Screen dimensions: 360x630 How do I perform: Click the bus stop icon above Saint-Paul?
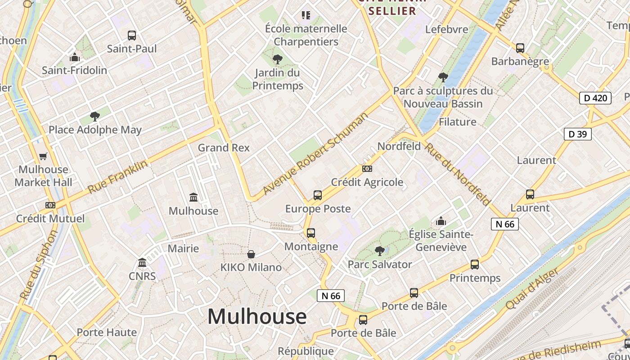pyautogui.click(x=132, y=36)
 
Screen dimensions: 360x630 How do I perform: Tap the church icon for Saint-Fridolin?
pyautogui.click(x=75, y=58)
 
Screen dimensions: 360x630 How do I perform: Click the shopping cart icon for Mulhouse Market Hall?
pyautogui.click(x=43, y=157)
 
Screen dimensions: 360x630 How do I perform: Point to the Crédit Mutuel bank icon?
pyautogui.click(x=50, y=205)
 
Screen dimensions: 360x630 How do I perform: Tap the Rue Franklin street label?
pyautogui.click(x=117, y=177)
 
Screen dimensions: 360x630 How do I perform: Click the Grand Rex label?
pyautogui.click(x=224, y=148)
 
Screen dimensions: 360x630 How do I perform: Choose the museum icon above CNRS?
pyautogui.click(x=143, y=262)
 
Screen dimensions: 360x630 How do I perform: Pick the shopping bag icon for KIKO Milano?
pyautogui.click(x=251, y=254)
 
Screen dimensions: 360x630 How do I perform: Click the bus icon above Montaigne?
pyautogui.click(x=311, y=233)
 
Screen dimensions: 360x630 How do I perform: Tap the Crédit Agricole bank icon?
pyautogui.click(x=367, y=169)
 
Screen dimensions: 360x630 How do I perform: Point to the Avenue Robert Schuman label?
pyautogui.click(x=315, y=153)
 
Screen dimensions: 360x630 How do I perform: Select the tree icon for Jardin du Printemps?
pyautogui.click(x=278, y=59)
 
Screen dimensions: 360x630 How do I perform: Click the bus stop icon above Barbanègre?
pyautogui.click(x=520, y=48)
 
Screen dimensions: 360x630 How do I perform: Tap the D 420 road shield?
pyautogui.click(x=595, y=98)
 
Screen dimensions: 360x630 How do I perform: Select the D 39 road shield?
pyautogui.click(x=577, y=134)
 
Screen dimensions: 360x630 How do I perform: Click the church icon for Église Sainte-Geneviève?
pyautogui.click(x=441, y=221)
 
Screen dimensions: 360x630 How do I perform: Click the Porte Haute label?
pyautogui.click(x=107, y=333)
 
